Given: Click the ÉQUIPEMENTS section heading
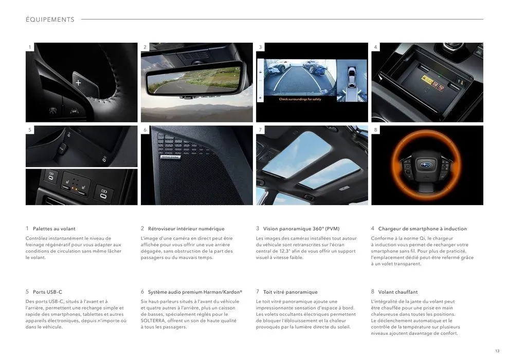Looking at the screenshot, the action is [x=50, y=20].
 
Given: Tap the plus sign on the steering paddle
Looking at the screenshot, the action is [x=78, y=82].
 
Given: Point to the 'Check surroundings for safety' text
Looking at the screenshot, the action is [x=300, y=99].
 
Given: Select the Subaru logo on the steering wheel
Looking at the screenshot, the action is [x=424, y=165].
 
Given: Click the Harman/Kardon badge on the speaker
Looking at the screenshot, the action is [x=170, y=157].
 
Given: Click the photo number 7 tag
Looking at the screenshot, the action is [x=260, y=130].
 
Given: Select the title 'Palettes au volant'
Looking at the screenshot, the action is [x=54, y=228].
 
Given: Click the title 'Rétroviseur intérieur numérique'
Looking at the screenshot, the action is [x=186, y=228].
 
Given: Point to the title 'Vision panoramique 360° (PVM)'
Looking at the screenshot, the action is [x=301, y=228].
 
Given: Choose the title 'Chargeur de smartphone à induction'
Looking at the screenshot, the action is [x=422, y=228].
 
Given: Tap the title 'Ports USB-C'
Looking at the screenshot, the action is [x=47, y=292].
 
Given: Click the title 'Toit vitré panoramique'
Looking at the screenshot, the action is [x=290, y=292].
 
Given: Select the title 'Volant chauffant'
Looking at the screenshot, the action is [x=397, y=292].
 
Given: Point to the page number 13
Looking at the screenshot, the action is [x=497, y=351].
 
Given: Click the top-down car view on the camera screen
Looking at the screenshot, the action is [x=352, y=77].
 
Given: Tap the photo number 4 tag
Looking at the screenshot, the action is [x=375, y=47].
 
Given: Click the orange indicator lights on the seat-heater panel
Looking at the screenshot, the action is [x=75, y=188].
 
